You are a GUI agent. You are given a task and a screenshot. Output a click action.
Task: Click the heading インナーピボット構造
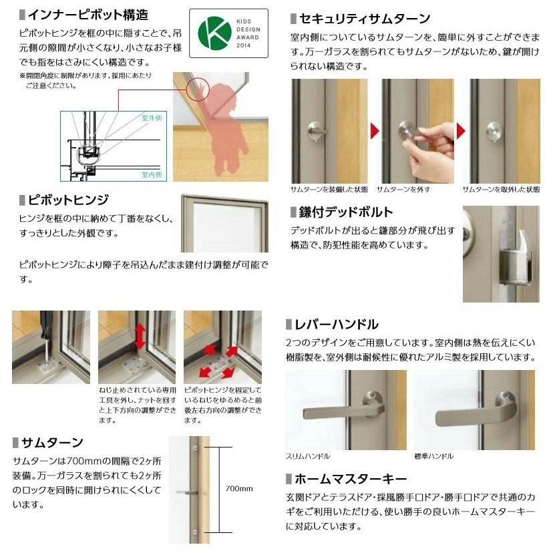[x=87, y=14]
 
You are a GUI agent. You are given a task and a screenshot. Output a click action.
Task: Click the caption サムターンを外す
[x=403, y=189]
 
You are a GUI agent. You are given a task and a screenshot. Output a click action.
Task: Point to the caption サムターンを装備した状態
[x=329, y=189]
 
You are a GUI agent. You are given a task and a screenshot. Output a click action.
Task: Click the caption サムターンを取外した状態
[x=505, y=189]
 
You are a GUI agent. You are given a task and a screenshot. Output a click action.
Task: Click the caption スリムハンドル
[x=308, y=456]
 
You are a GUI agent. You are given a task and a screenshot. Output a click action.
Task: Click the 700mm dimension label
[x=240, y=488]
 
